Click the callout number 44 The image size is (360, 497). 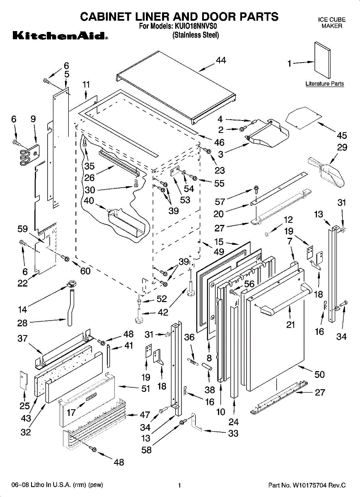pos(221,60)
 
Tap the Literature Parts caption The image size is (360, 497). pos(324,84)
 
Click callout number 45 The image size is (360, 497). pos(342,135)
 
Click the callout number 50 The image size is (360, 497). pos(319,374)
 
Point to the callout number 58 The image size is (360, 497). pos(147,450)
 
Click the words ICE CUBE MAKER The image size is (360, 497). pos(331,23)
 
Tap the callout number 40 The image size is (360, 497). pos(88,201)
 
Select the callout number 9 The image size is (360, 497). pos(34,119)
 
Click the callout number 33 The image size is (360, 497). pos(233,433)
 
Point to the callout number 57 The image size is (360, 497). pos(220,202)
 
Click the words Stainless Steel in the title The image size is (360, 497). pos(196,36)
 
